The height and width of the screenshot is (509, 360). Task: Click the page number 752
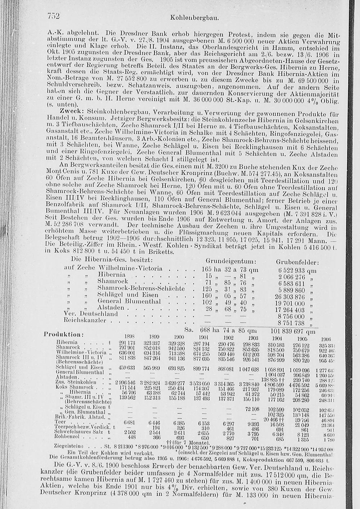coord(53,16)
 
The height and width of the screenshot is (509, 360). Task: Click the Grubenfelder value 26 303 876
coord(290,297)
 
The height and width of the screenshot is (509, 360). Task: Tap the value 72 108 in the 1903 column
coord(252,409)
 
